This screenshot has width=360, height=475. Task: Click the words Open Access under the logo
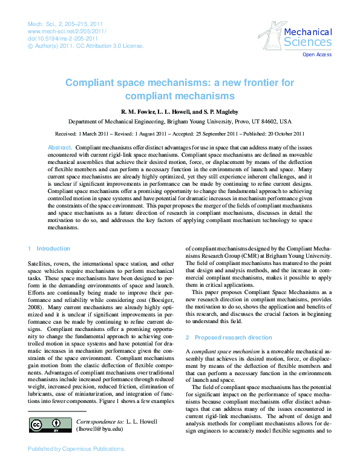(317, 55)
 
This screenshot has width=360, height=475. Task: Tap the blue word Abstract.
(60, 148)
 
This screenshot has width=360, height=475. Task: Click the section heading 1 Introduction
(50, 248)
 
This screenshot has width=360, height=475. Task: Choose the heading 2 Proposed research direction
(229, 336)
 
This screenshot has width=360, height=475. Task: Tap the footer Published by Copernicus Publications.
(76, 450)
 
